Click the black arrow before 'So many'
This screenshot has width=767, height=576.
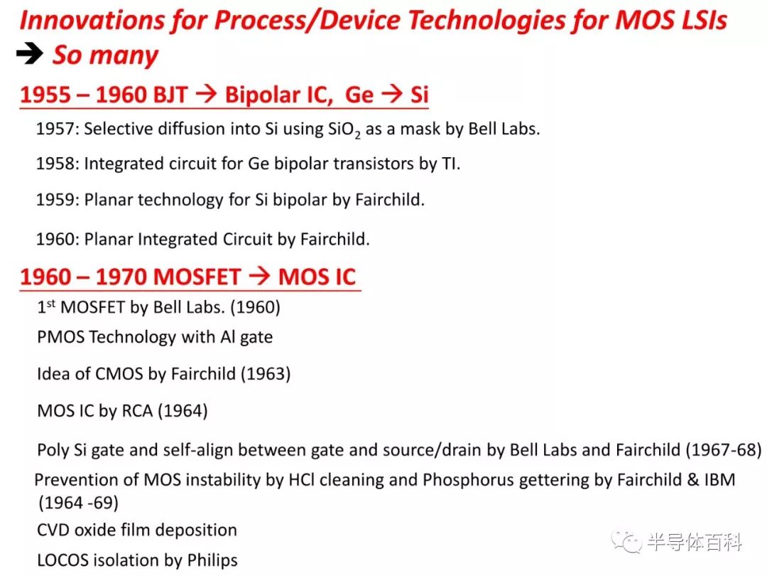(30, 53)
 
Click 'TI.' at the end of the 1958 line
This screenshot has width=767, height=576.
(451, 164)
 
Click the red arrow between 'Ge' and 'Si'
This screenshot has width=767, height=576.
(392, 93)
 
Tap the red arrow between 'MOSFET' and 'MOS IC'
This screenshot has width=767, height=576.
(259, 276)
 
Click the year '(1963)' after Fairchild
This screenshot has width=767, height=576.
(266, 374)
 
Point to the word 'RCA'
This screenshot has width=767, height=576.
(137, 410)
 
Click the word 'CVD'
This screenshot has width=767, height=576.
(53, 530)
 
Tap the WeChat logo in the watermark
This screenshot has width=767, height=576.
(626, 541)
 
